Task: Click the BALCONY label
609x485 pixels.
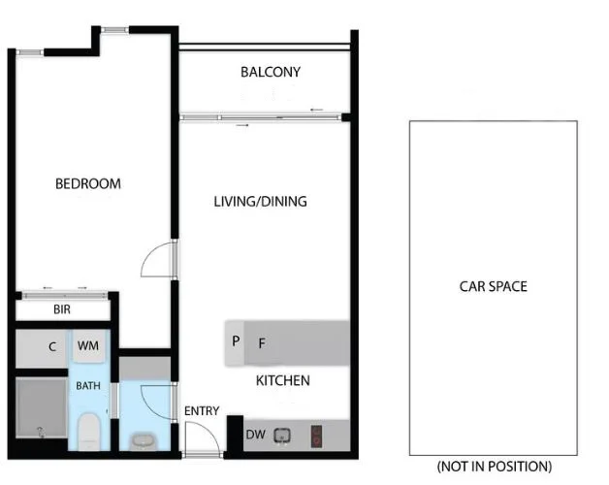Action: [x=271, y=72]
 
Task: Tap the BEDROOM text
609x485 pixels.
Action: [x=87, y=183]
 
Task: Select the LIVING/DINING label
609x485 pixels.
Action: [x=260, y=202]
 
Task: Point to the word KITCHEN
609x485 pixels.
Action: [x=282, y=380]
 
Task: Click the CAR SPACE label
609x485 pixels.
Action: [x=493, y=286]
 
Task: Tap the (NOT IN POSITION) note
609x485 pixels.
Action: [x=495, y=466]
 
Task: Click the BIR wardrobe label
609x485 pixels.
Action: [x=60, y=310]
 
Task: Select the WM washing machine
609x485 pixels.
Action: [x=88, y=346]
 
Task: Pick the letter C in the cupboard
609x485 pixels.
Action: [x=51, y=346]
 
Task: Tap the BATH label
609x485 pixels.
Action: [x=88, y=386]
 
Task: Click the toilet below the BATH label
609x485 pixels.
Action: [x=88, y=430]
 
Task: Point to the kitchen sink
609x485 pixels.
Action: [x=282, y=435]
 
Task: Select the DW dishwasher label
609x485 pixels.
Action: [x=255, y=435]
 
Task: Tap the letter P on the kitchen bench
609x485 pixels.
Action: [x=236, y=341]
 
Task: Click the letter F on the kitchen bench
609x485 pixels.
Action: [x=261, y=342]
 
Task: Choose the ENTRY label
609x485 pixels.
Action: [x=202, y=410]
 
